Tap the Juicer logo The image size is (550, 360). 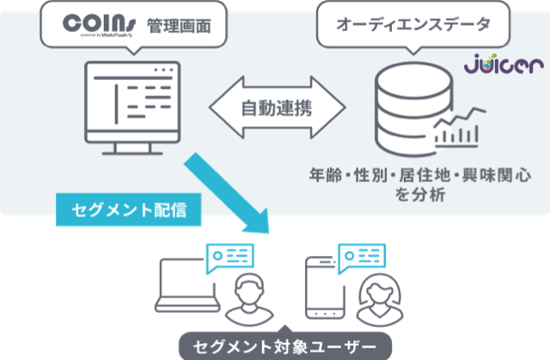(505, 65)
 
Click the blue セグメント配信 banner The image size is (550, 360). (130, 209)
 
